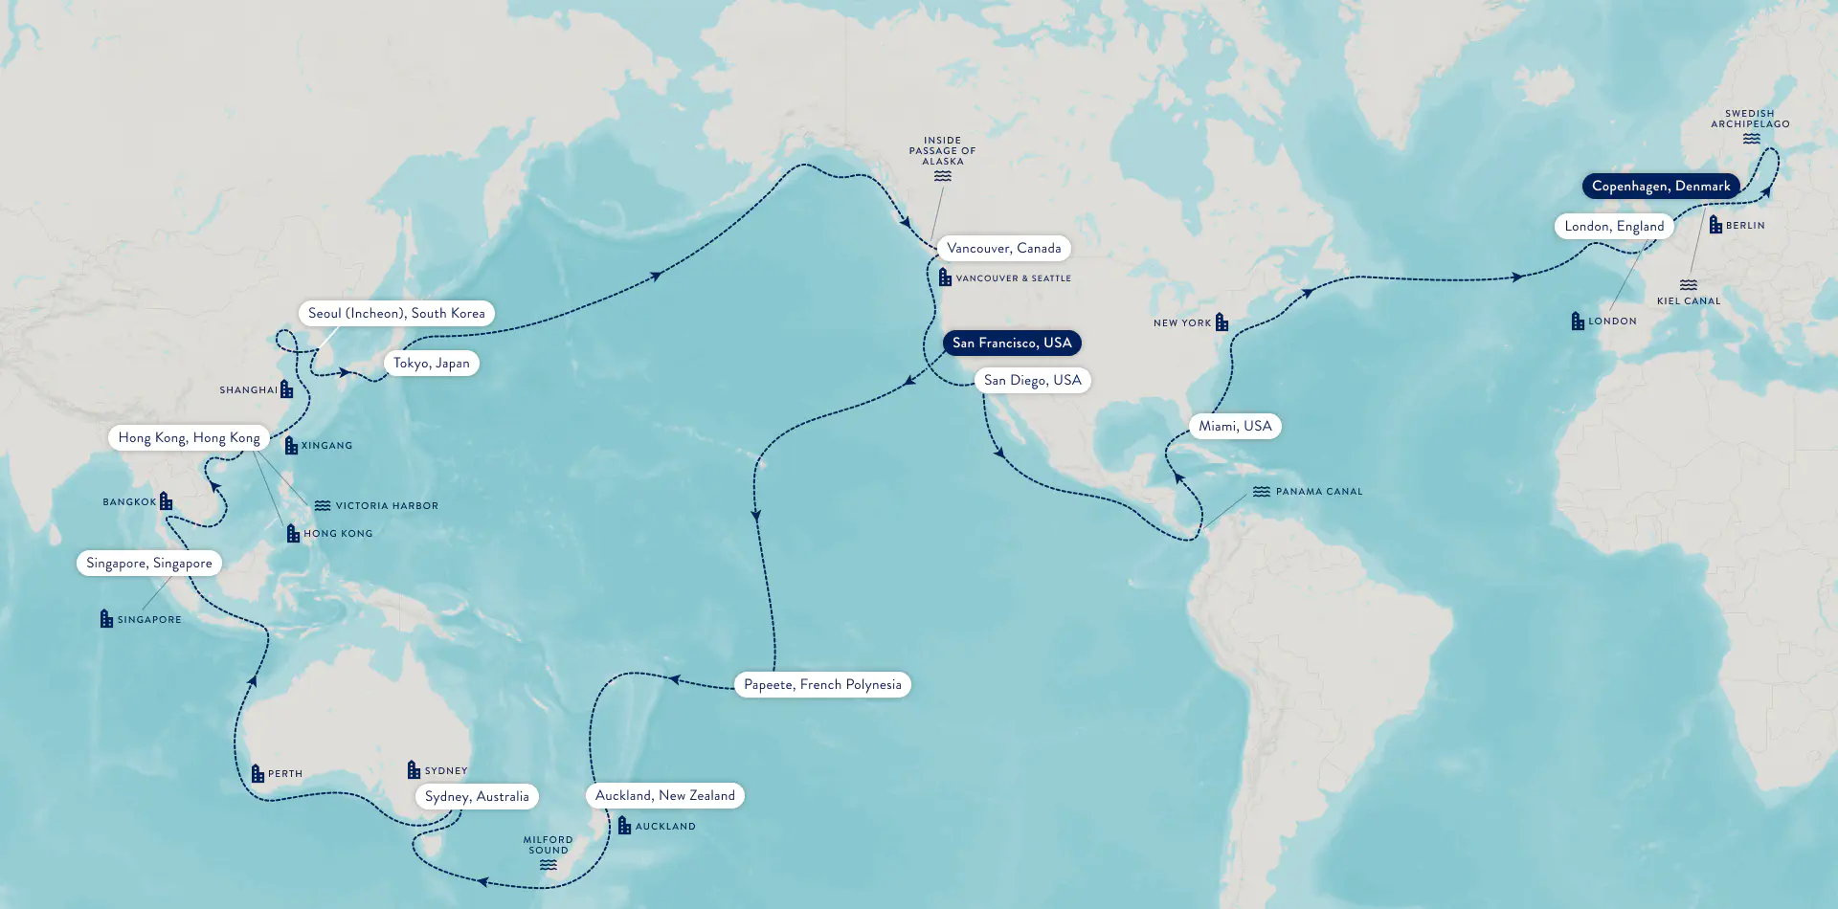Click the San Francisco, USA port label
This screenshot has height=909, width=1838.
pyautogui.click(x=1012, y=343)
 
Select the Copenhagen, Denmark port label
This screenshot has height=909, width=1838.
pyautogui.click(x=1661, y=186)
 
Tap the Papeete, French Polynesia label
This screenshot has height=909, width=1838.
pyautogui.click(x=822, y=684)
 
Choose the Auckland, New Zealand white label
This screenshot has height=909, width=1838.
pyautogui.click(x=664, y=795)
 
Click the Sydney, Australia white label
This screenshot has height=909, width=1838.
pyautogui.click(x=477, y=796)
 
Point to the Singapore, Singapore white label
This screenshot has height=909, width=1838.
pyautogui.click(x=149, y=563)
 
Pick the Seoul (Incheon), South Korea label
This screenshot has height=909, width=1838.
pyautogui.click(x=396, y=313)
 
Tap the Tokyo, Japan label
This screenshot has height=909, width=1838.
pyautogui.click(x=431, y=363)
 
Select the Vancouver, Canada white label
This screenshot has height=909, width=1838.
pyautogui.click(x=1003, y=248)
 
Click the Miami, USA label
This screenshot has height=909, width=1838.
pyautogui.click(x=1235, y=426)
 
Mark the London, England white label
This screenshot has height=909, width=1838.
pyautogui.click(x=1614, y=226)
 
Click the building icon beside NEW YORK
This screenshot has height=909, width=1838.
pyautogui.click(x=1222, y=322)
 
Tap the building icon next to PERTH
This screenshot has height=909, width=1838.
pyautogui.click(x=258, y=773)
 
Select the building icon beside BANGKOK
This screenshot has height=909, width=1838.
pyautogui.click(x=166, y=501)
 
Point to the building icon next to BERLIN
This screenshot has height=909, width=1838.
pyautogui.click(x=1715, y=225)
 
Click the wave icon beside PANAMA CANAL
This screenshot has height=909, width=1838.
pyautogui.click(x=1262, y=492)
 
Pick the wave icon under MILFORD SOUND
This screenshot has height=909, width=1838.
pyautogui.click(x=548, y=865)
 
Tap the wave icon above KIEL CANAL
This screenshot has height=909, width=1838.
pyautogui.click(x=1689, y=285)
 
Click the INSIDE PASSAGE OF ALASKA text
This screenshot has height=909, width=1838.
pyautogui.click(x=942, y=150)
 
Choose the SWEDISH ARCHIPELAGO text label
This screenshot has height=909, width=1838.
pyautogui.click(x=1750, y=119)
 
